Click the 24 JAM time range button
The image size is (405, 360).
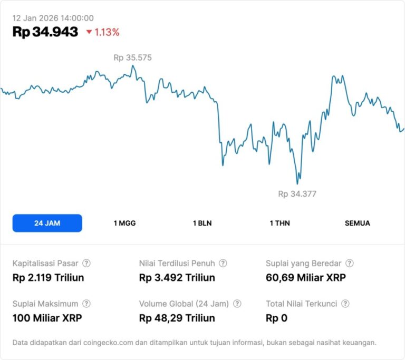47,223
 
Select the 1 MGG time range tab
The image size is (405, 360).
124,223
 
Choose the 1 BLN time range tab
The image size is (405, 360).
202,223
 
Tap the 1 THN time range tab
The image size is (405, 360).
279,223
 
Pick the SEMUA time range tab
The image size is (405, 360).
357,223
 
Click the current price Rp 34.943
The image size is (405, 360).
45,32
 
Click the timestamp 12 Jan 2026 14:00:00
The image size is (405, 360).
53,18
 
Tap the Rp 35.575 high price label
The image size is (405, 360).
132,57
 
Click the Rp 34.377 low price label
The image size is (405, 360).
297,194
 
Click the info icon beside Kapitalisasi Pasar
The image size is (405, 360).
86,263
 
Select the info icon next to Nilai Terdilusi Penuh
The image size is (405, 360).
223,263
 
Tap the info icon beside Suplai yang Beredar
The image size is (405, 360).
349,263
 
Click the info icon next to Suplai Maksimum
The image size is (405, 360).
86,304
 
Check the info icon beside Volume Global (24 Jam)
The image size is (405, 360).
237,304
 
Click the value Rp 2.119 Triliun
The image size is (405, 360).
48,277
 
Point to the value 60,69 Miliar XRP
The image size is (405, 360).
305,277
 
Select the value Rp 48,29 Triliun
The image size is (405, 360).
177,318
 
